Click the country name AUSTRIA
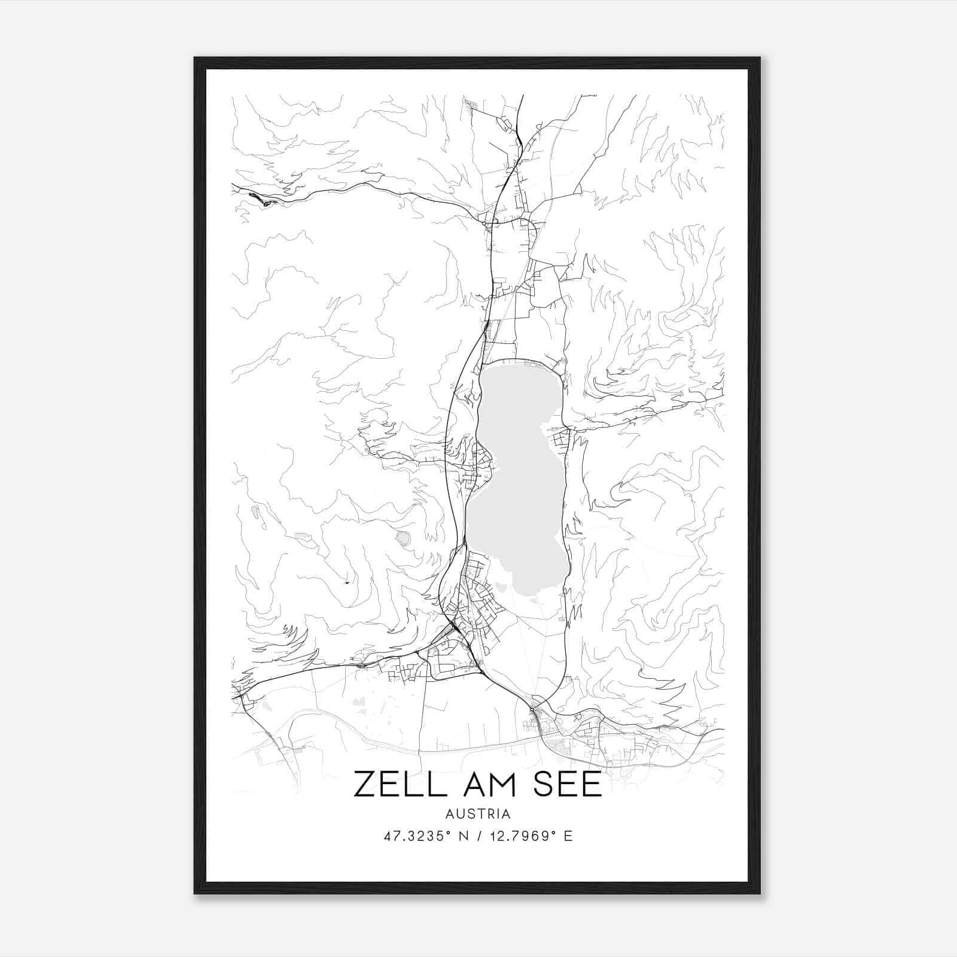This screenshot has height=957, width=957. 478,813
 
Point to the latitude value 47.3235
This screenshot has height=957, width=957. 412,836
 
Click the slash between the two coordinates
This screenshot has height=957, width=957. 478,836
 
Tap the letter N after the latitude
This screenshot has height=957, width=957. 461,836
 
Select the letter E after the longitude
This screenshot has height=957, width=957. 568,836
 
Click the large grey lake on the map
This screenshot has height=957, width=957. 517,478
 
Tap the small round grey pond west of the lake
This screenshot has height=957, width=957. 404,538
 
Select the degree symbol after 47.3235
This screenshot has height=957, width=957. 446,832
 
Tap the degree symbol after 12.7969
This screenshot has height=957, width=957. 554,832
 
